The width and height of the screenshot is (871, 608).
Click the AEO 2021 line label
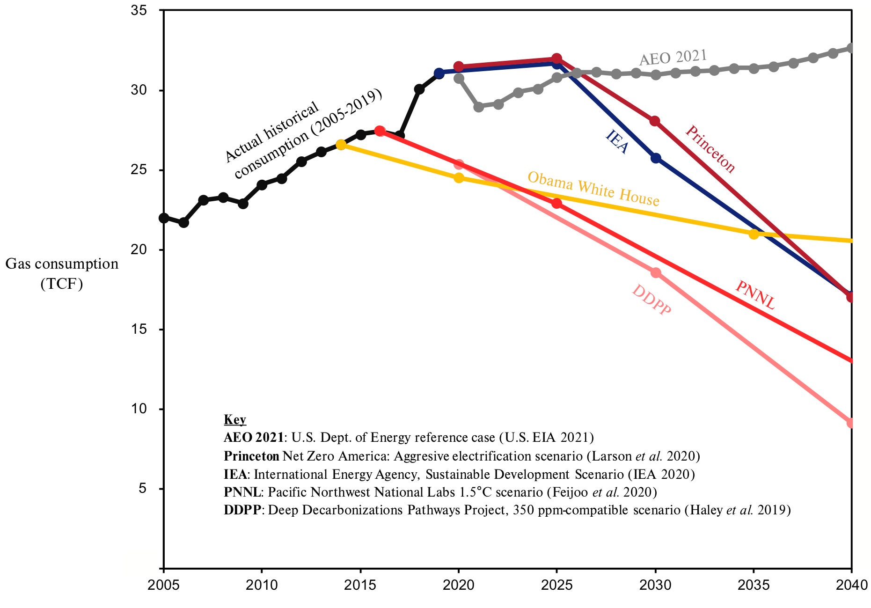pos(673,58)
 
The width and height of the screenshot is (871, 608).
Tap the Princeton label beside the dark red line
pos(710,149)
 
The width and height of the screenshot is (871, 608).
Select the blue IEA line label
pos(617,142)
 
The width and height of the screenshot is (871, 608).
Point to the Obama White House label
pos(593,189)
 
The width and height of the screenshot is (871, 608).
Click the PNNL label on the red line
pos(755,295)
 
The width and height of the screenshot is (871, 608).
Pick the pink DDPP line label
pos(651,300)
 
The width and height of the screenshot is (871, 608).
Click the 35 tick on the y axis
pos(139,10)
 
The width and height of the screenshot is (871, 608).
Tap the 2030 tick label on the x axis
pos(655,585)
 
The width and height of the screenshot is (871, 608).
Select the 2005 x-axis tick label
pos(163,585)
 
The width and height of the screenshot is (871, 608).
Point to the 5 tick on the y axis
pos(142,488)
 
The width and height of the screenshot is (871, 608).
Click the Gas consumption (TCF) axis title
pos(62,273)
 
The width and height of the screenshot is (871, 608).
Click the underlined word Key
pos(234,419)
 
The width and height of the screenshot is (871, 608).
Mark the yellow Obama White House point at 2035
pos(754,234)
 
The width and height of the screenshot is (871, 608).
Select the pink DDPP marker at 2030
pos(656,272)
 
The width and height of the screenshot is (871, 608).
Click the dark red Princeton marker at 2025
pos(556,59)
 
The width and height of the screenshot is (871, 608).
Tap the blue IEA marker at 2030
pos(656,158)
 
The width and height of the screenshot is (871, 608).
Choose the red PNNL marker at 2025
pos(556,203)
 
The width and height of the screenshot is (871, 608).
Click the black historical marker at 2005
pos(164,218)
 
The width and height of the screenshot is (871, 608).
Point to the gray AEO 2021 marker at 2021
pos(478,107)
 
